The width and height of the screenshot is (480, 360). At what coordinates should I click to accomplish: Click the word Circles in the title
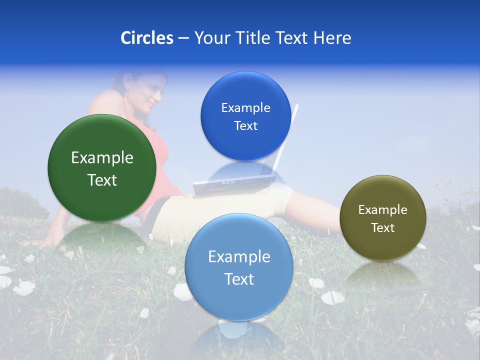point(147,38)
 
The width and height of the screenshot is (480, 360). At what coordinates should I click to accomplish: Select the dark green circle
point(102,168)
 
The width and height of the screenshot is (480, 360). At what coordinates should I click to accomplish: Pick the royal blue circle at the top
point(245,116)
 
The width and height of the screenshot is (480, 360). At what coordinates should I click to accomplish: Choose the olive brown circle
point(383,218)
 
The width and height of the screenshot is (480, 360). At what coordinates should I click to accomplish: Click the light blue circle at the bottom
point(239,267)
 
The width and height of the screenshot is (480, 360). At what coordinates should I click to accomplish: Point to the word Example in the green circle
point(102,158)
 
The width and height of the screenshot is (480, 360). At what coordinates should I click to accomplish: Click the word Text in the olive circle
point(383,228)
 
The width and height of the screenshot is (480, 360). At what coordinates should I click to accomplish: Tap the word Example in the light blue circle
point(239,257)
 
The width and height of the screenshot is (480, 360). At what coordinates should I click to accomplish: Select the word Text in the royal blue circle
point(245,126)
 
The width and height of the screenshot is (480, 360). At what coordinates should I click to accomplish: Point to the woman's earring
point(127,92)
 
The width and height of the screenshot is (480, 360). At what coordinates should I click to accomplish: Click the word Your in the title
point(210,38)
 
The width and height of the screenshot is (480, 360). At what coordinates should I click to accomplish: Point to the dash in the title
point(183,38)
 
